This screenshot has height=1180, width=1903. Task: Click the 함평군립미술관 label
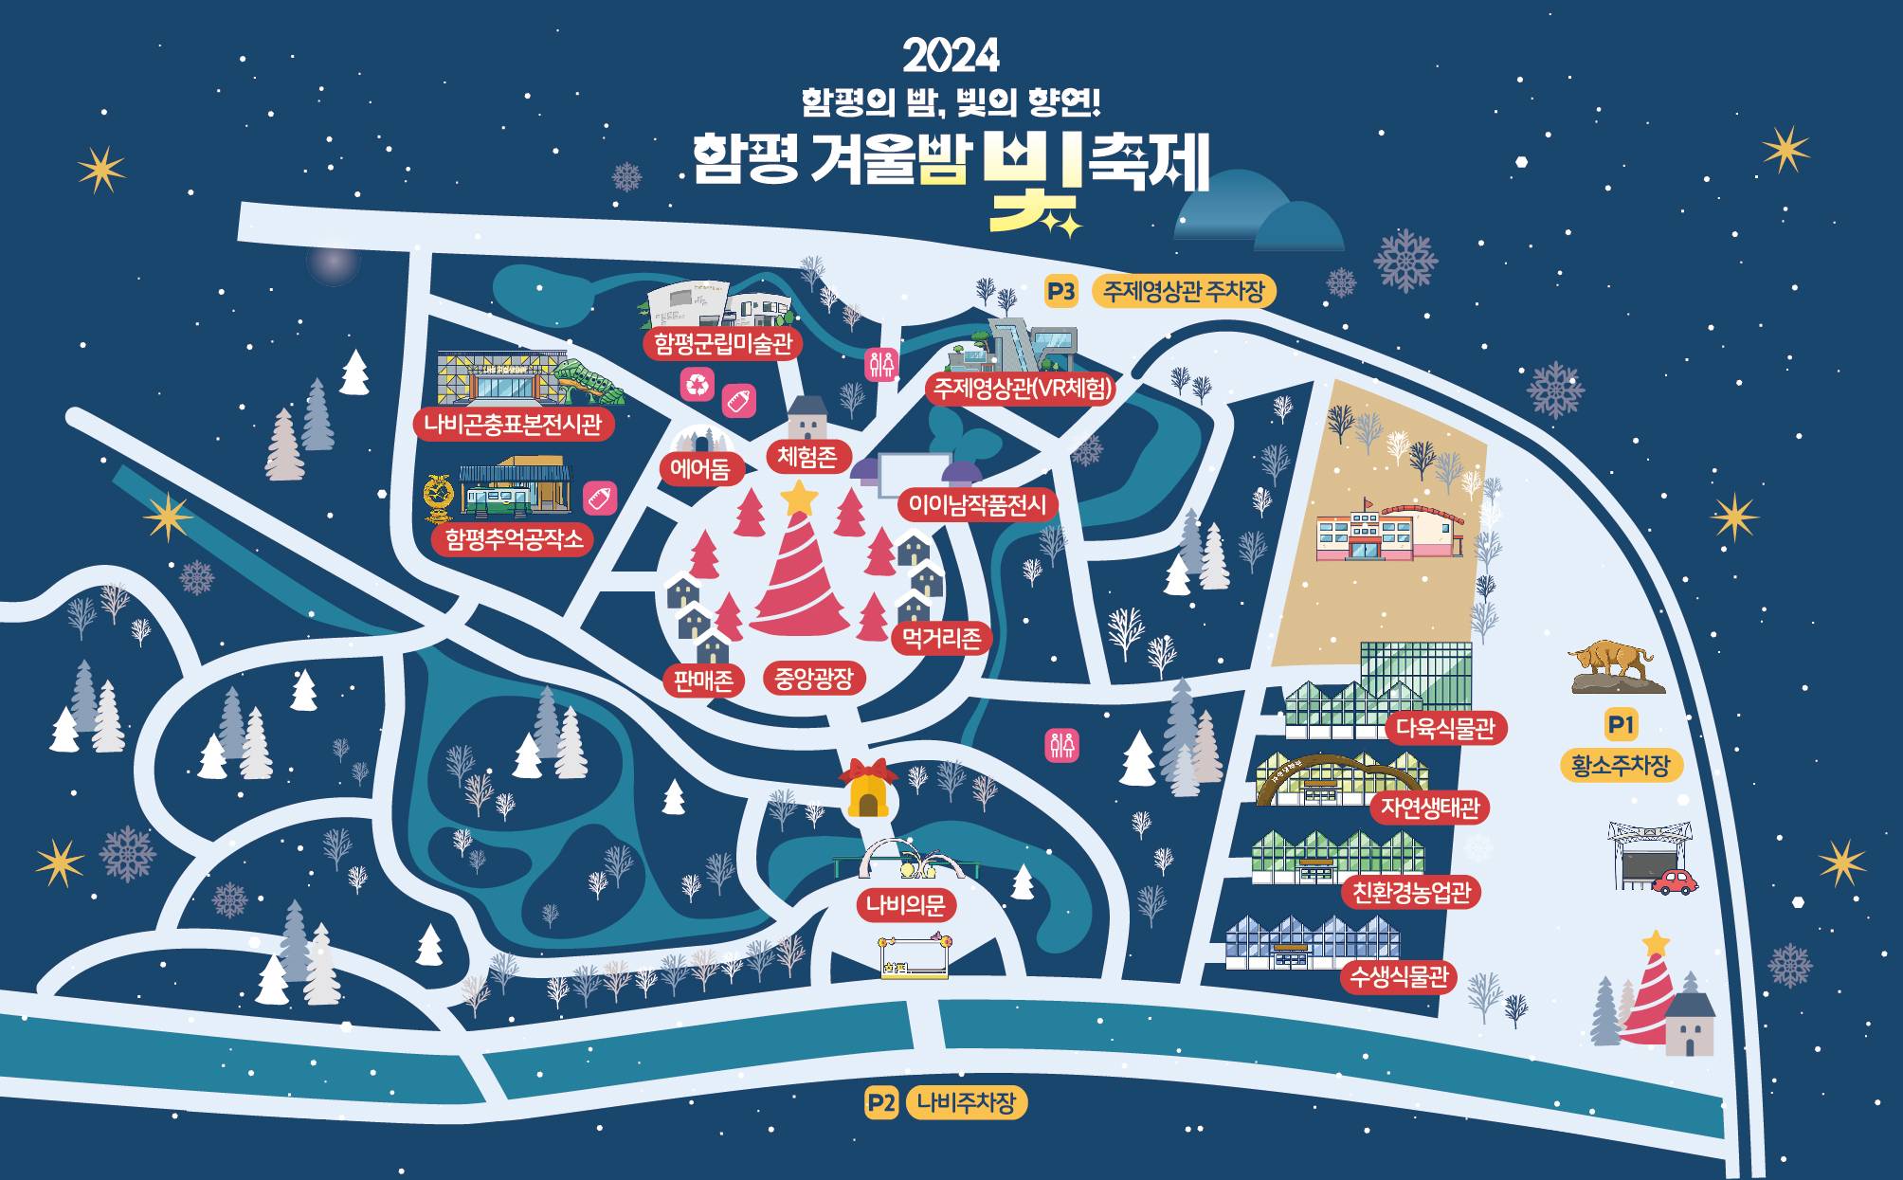(x=723, y=343)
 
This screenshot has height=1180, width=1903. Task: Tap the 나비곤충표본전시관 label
(x=513, y=424)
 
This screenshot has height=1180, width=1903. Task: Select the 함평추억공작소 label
(x=513, y=539)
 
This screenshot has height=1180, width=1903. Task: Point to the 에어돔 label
(x=700, y=468)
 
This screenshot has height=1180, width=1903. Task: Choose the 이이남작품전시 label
(x=977, y=505)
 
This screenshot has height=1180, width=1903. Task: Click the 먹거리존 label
(x=942, y=638)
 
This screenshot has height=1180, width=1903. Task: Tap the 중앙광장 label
(x=814, y=678)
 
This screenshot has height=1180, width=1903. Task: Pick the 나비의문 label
(x=906, y=905)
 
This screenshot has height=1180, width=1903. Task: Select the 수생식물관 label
(x=1399, y=977)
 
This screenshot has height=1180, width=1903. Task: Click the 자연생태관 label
(x=1430, y=808)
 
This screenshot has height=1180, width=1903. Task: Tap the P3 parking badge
(x=1061, y=292)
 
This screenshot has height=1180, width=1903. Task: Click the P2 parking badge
(x=880, y=1102)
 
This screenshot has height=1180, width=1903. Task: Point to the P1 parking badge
(x=1621, y=725)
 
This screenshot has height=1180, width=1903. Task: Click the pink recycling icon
(x=698, y=384)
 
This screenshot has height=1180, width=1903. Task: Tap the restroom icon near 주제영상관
(x=881, y=364)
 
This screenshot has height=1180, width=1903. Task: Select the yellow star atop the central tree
(x=800, y=497)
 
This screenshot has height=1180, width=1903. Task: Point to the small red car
(x=1676, y=881)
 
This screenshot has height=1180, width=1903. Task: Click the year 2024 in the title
(x=951, y=56)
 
